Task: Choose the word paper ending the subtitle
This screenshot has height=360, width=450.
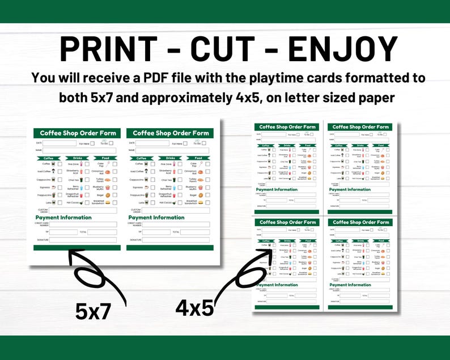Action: [x=375, y=98]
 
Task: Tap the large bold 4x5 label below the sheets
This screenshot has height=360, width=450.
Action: [x=194, y=307]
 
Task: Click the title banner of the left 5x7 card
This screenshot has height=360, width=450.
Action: [x=77, y=133]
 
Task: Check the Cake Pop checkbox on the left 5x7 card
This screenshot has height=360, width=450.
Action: [x=114, y=164]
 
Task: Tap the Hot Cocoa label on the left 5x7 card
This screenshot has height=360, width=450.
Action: [x=72, y=202]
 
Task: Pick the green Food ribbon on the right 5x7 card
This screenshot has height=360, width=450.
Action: [x=198, y=158]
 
